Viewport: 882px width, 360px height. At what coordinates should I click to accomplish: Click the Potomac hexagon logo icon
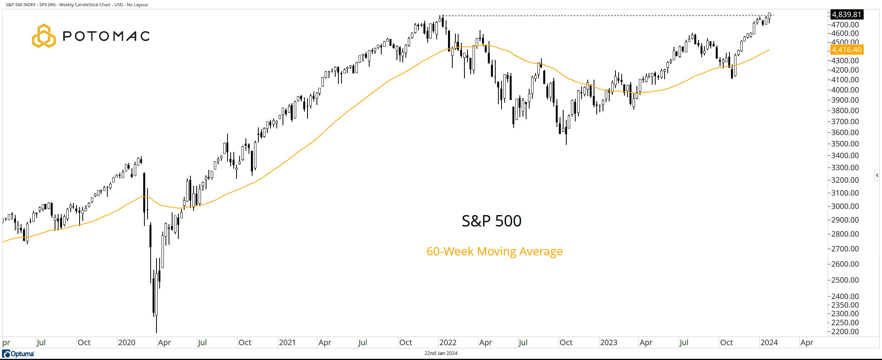(x=43, y=36)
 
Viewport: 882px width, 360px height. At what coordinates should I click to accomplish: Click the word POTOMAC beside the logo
(x=106, y=36)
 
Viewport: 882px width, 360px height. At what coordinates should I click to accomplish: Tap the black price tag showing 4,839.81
(x=846, y=14)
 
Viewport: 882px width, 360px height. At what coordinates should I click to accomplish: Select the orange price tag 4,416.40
(x=846, y=50)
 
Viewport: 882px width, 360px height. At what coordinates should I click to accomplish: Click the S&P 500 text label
(x=491, y=221)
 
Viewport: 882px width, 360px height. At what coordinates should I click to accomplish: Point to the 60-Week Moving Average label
(x=494, y=251)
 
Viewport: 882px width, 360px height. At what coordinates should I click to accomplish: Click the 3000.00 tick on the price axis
(x=845, y=206)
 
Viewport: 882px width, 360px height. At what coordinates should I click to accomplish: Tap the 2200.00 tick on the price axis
(x=845, y=331)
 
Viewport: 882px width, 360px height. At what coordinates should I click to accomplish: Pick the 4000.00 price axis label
(x=845, y=90)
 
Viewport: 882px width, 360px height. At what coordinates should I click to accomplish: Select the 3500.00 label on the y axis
(x=845, y=144)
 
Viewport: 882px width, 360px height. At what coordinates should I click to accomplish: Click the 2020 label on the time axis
(x=126, y=342)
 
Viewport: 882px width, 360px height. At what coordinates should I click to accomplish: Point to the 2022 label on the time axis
(x=448, y=342)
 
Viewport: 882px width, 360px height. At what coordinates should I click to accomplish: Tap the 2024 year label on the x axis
(x=769, y=342)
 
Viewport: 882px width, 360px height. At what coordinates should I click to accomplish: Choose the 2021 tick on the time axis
(x=287, y=342)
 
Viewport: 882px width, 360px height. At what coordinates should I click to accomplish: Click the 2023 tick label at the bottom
(x=608, y=342)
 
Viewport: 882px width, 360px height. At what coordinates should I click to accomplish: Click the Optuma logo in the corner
(x=18, y=354)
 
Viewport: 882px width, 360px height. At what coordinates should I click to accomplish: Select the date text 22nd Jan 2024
(x=441, y=353)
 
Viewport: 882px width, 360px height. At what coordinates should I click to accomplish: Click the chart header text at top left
(x=77, y=5)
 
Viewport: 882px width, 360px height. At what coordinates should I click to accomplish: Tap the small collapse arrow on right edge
(x=877, y=175)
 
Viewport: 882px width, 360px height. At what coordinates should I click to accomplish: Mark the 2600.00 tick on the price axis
(x=845, y=264)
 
